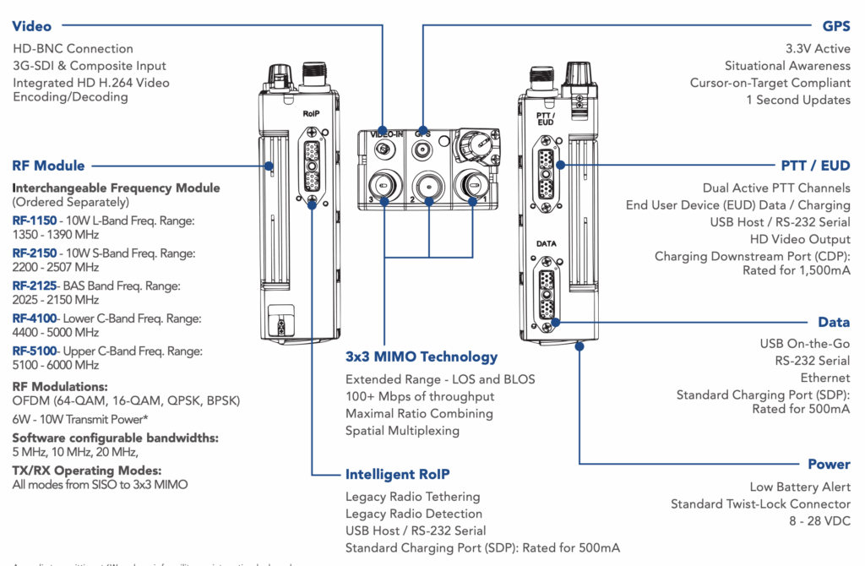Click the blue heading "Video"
tap(32, 27)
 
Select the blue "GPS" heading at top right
tap(835, 27)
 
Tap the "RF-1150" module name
tap(35, 220)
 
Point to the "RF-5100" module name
tap(35, 351)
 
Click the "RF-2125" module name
tap(35, 286)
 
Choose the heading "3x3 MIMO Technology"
tap(422, 356)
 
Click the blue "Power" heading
tap(829, 464)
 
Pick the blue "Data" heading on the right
tap(834, 322)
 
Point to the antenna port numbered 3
tap(384, 182)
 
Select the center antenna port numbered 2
tap(428, 182)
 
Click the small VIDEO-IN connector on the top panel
tap(384, 150)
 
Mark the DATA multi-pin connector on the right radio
tap(546, 289)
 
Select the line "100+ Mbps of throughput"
tap(420, 396)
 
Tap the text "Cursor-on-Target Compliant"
tap(770, 83)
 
